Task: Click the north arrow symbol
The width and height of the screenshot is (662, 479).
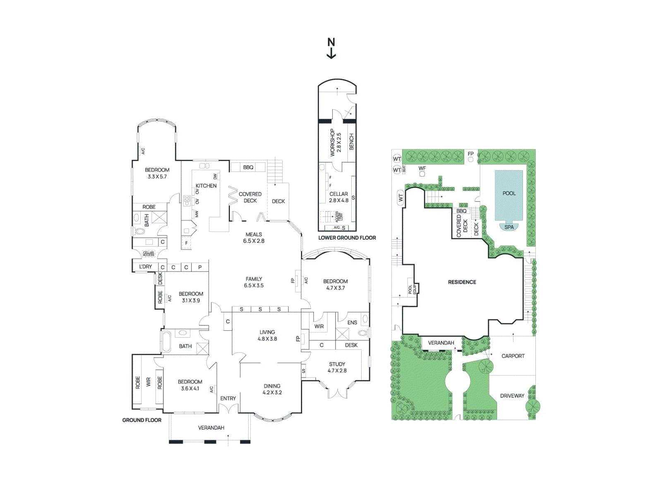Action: click(x=331, y=48)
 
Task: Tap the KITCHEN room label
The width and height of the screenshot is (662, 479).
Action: click(x=206, y=185)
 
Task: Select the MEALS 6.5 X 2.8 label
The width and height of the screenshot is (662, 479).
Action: click(x=254, y=238)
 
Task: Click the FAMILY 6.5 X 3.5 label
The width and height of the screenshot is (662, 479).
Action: click(x=254, y=282)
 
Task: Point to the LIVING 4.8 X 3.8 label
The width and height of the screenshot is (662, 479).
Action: click(x=267, y=335)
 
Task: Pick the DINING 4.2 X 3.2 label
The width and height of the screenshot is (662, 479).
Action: click(x=272, y=389)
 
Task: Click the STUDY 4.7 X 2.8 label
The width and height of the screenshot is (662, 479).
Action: click(x=337, y=367)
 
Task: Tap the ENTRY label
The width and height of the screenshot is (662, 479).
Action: click(x=228, y=398)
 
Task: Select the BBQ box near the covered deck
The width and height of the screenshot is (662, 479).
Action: click(x=248, y=167)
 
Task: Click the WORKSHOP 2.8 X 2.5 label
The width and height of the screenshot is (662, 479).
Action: click(x=335, y=142)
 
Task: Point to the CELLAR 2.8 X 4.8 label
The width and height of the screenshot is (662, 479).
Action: click(x=338, y=197)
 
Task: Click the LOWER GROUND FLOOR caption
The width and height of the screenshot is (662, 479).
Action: click(x=347, y=238)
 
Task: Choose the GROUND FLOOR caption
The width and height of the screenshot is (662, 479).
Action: click(x=142, y=420)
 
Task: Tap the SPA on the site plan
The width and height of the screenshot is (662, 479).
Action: click(x=509, y=227)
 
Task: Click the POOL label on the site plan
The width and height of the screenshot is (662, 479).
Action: click(x=509, y=193)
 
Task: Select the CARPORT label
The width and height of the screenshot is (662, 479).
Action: click(x=513, y=356)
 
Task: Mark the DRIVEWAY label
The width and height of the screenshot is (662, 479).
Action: click(x=512, y=396)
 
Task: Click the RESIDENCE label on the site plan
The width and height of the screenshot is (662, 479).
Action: click(x=462, y=282)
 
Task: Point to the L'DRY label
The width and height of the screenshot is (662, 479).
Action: click(x=145, y=267)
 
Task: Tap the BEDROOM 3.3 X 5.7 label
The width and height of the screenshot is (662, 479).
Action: click(x=157, y=173)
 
